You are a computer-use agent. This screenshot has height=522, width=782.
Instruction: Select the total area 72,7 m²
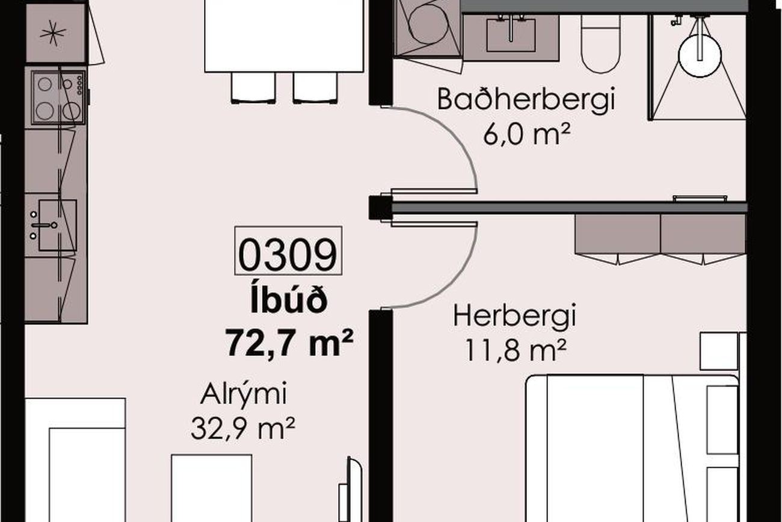tap(289, 342)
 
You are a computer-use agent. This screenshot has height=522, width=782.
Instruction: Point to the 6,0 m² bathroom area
tap(526, 134)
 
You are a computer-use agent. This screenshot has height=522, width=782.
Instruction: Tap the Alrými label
tap(244, 394)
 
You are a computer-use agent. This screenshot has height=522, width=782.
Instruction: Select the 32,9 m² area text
tap(243, 429)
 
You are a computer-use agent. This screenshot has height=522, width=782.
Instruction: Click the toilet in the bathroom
tap(600, 44)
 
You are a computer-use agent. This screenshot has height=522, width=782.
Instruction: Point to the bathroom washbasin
tap(511, 35)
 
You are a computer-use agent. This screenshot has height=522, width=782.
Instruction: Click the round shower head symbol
tap(700, 56)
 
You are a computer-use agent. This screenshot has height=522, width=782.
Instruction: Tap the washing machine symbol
tap(428, 27)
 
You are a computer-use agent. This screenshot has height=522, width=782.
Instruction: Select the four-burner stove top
tap(58, 97)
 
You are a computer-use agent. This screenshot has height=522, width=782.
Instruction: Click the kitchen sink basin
tap(58, 225)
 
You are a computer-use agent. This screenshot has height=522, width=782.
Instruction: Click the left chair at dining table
tap(253, 87)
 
